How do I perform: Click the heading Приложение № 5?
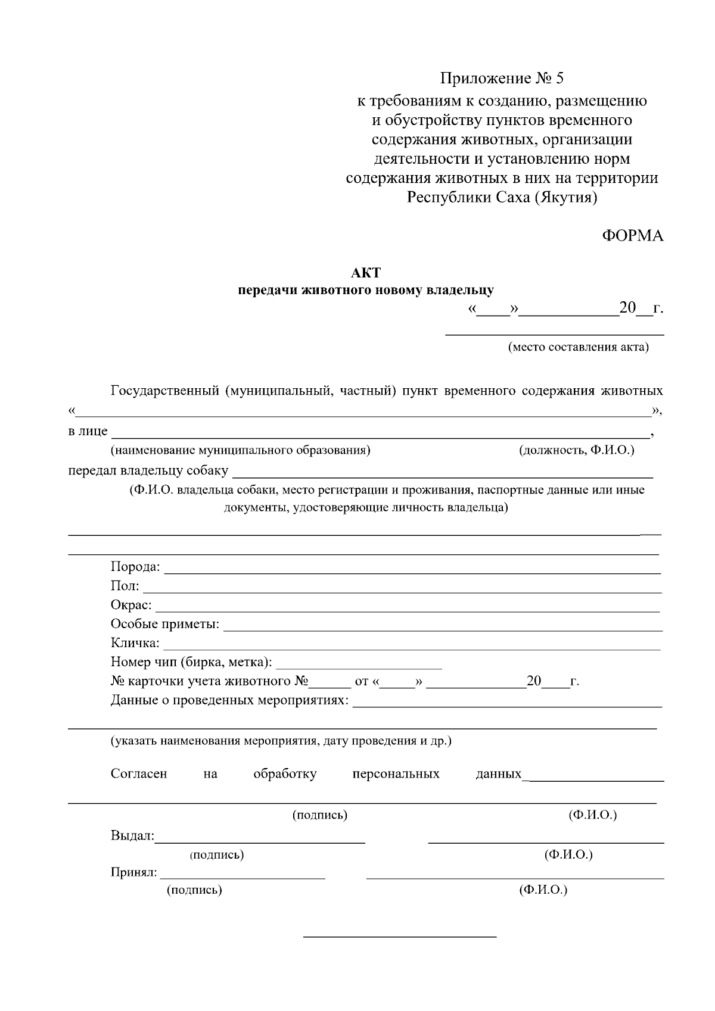coord(501,79)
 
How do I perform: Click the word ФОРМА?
coord(632,236)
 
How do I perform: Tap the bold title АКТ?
coord(365,273)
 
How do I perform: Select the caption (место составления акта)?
coord(578,347)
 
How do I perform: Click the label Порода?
coord(135,567)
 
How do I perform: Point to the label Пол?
coord(125,586)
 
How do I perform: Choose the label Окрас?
coord(131,606)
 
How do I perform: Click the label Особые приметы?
coord(165,625)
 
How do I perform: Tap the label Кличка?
coord(135,644)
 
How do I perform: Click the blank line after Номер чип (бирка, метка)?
coord(359,668)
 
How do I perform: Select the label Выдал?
coord(132,835)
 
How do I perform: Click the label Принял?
coord(134,872)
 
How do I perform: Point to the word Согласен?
coord(139,774)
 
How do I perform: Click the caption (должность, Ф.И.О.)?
coord(577,450)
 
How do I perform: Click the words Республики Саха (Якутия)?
coord(502,197)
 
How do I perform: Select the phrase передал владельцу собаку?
coord(148,471)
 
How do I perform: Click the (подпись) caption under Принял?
coord(194,890)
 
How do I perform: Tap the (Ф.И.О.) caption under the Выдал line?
coord(568,855)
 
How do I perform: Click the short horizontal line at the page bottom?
coord(400,937)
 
